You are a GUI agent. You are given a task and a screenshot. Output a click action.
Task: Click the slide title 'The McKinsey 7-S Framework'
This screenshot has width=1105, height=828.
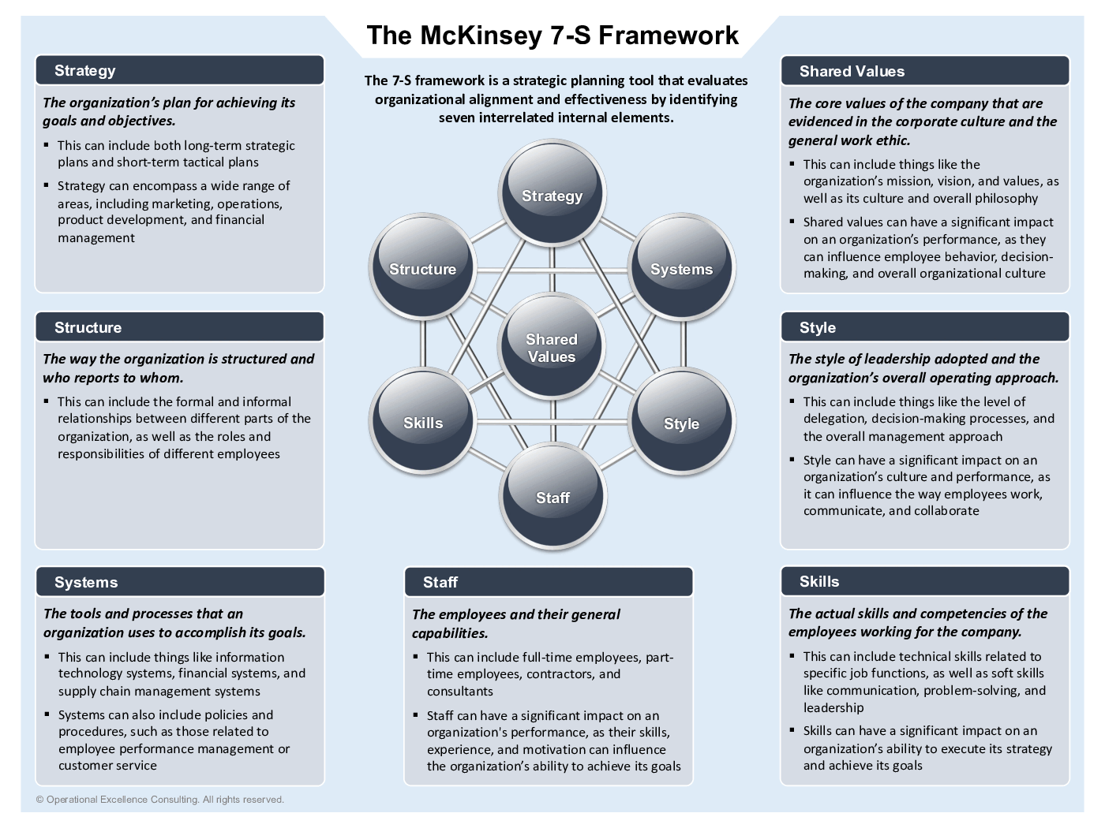(552, 35)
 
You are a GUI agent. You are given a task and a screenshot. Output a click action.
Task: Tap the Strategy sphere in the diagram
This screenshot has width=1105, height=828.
(552, 194)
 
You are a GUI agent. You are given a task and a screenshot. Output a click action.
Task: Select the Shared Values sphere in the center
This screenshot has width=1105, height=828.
(552, 347)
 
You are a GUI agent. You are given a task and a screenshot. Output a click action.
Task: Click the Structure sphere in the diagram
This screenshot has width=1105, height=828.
(423, 268)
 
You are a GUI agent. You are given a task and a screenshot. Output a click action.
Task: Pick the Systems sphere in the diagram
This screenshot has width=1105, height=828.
(681, 268)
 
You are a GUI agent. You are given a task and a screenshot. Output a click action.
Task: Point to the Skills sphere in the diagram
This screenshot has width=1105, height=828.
(423, 422)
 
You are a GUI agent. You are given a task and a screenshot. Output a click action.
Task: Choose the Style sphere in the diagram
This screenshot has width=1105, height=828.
(681, 423)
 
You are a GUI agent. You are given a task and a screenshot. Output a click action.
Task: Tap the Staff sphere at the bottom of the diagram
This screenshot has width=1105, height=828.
(552, 497)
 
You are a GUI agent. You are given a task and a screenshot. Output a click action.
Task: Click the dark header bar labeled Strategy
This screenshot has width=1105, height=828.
(180, 70)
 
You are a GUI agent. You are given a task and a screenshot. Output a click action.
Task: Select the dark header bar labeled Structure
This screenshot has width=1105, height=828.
(180, 327)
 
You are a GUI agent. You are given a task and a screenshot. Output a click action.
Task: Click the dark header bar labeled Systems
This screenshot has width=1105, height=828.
(180, 582)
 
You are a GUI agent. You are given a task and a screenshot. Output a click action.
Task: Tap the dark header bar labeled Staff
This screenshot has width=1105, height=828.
(549, 582)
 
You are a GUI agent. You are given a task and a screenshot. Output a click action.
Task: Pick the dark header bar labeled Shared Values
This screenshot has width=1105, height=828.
(925, 71)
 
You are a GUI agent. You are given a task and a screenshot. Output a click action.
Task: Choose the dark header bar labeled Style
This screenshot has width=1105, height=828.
(925, 327)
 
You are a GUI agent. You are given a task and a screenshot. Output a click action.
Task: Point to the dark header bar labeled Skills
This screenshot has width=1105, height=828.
(925, 581)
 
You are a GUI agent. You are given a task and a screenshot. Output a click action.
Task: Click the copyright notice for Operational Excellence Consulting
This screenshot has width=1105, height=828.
(159, 800)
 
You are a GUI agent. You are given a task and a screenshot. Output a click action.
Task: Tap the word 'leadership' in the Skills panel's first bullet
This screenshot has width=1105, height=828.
(833, 707)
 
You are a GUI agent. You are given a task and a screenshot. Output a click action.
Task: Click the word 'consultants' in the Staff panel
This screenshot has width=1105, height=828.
(460, 692)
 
